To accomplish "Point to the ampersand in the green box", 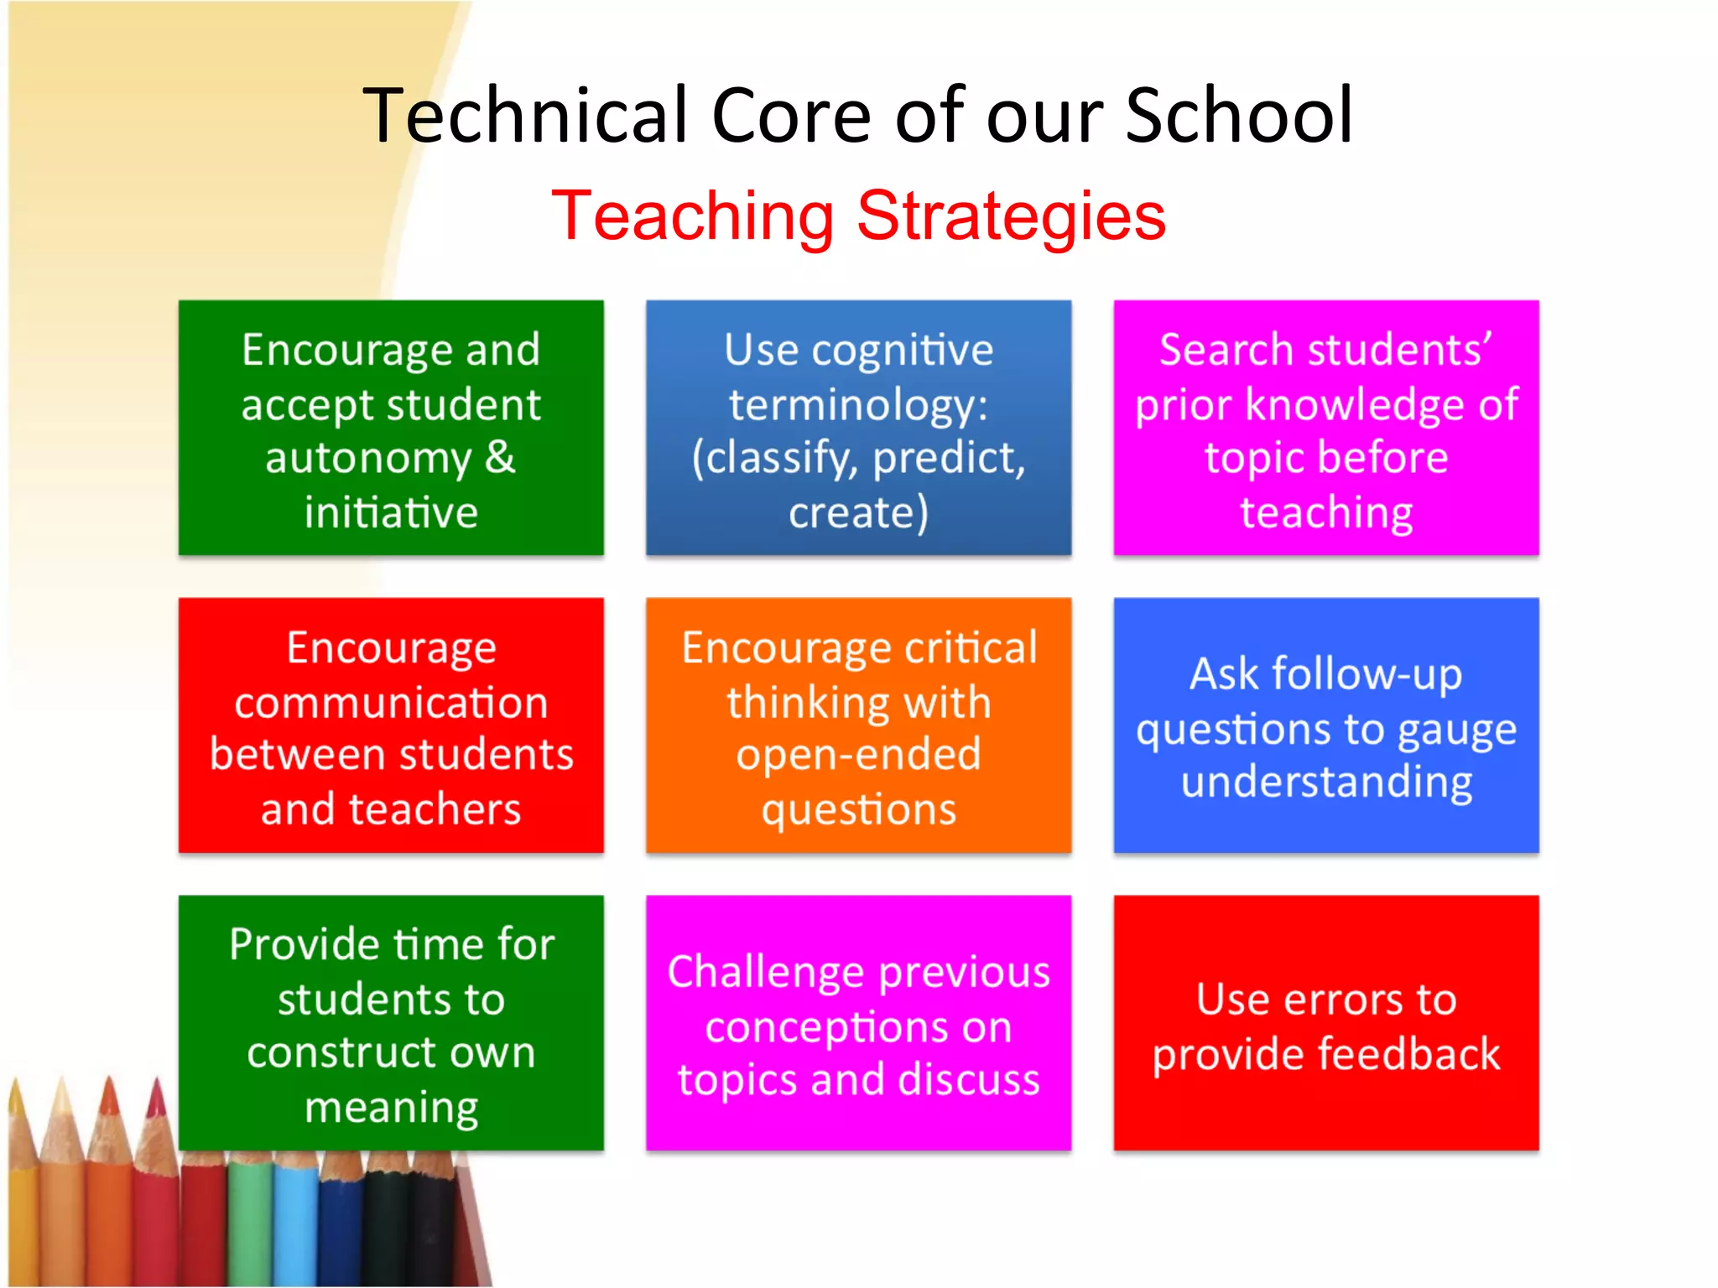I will coord(499,457).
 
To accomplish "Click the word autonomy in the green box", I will coord(368,459).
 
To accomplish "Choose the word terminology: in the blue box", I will coord(858,406).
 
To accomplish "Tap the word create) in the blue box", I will coord(858,512).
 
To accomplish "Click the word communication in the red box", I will coord(391,702).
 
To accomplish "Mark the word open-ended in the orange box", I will coord(858,755).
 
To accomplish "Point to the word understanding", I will coord(1326,782).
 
